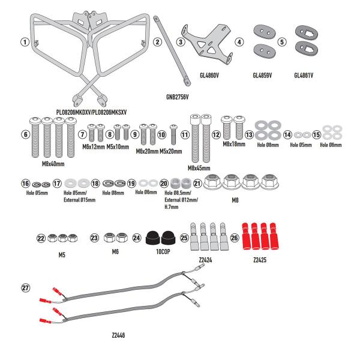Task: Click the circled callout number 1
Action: [25, 42]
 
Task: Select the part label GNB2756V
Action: [178, 97]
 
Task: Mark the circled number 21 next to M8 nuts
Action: [197, 182]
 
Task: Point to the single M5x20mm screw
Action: [173, 130]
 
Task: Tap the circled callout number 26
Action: [234, 238]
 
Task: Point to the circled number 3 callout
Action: [180, 42]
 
